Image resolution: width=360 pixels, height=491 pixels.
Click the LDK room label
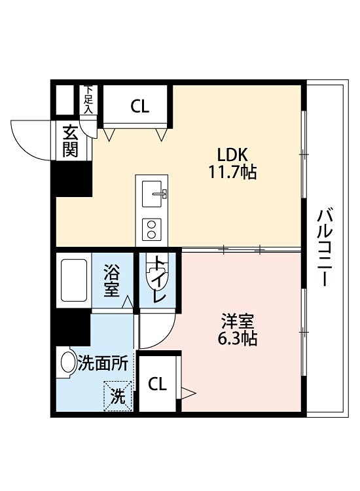pos(231,155)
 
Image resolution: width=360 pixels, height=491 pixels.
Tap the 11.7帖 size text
pos(231,173)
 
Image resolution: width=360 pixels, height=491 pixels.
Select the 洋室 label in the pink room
pos(237,322)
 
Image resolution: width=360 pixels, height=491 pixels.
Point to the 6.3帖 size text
pos(237,339)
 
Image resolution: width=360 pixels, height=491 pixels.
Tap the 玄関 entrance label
pos(71,140)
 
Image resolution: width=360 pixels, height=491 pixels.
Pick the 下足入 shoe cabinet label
pos(88,100)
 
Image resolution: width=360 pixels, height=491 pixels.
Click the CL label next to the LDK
pos(139,107)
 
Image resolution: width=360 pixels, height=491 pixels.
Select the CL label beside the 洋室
pos(156,384)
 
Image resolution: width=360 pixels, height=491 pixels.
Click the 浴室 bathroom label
pos(111,280)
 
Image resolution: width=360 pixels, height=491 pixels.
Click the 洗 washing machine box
pos(117,395)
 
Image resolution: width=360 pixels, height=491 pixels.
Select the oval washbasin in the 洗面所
pos(67,363)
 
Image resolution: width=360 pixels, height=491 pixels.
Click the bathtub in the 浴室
pos(73,281)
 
